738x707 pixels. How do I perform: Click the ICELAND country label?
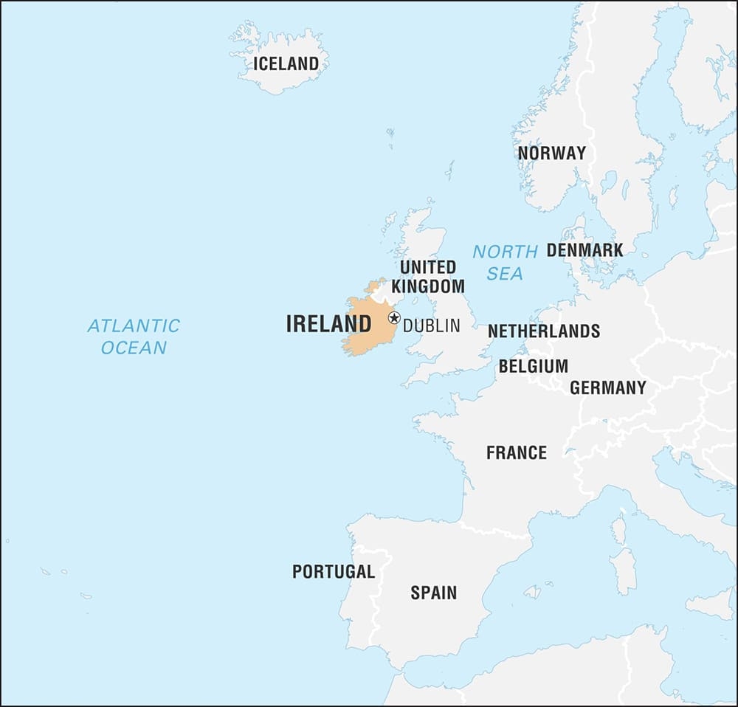pyautogui.click(x=286, y=63)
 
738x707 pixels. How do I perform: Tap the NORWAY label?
pyautogui.click(x=551, y=154)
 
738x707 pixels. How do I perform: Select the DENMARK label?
pyautogui.click(x=584, y=250)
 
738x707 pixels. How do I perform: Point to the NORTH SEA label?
pyautogui.click(x=505, y=262)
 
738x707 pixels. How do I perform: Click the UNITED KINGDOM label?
pyautogui.click(x=428, y=276)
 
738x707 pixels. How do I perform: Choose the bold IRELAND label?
pyautogui.click(x=328, y=324)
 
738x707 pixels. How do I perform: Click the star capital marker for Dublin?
pyautogui.click(x=394, y=318)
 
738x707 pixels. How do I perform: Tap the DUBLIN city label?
pyautogui.click(x=431, y=325)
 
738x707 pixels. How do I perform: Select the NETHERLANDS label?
pyautogui.click(x=543, y=331)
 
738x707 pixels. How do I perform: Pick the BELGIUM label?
pyautogui.click(x=533, y=366)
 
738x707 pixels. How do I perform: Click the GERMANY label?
pyautogui.click(x=607, y=387)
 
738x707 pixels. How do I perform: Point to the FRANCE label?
pyautogui.click(x=516, y=452)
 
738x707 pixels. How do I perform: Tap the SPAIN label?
pyautogui.click(x=433, y=593)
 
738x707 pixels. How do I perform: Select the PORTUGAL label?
pyautogui.click(x=334, y=571)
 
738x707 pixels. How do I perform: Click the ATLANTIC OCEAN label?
pyautogui.click(x=134, y=336)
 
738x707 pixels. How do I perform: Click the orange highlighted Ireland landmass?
pyautogui.click(x=365, y=328)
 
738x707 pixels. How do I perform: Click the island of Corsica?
pyautogui.click(x=618, y=529)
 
